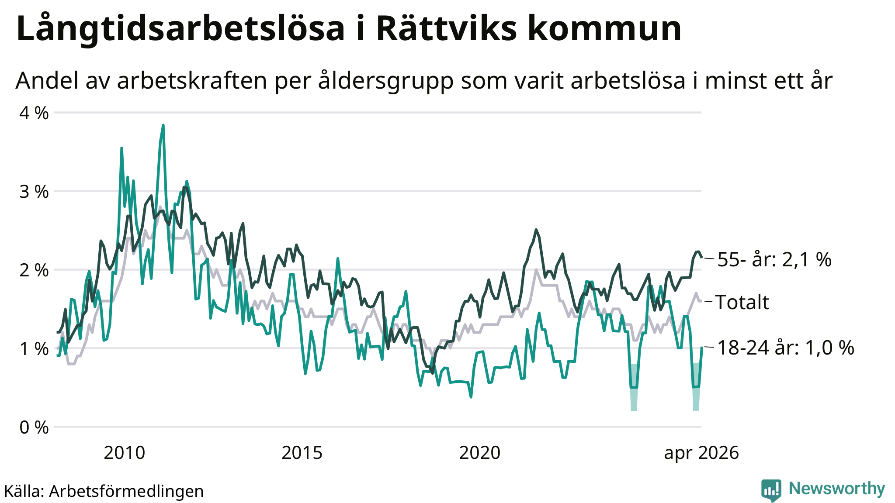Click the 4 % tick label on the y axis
click(34, 113)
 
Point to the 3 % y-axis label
click(34, 192)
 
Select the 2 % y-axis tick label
click(34, 270)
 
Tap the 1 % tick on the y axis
click(34, 349)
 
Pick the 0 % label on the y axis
click(34, 427)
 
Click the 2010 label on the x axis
click(125, 453)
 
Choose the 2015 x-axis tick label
click(302, 453)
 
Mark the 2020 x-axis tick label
click(479, 453)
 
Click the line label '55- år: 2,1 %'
click(774, 260)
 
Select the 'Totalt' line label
click(742, 302)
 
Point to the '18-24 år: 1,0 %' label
click(786, 348)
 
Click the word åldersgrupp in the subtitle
click(386, 81)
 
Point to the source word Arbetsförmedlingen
click(126, 491)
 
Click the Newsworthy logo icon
click(771, 490)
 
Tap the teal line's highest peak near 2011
click(163, 125)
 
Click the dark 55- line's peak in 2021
click(536, 229)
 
